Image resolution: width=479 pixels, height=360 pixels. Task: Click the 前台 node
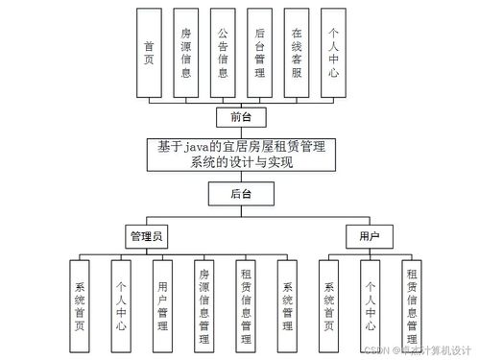[x=240, y=117]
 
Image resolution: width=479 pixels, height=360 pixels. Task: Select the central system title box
[x=240, y=155]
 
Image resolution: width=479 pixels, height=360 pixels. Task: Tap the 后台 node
[x=240, y=194]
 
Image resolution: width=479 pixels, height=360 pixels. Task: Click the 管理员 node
[x=148, y=234]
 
